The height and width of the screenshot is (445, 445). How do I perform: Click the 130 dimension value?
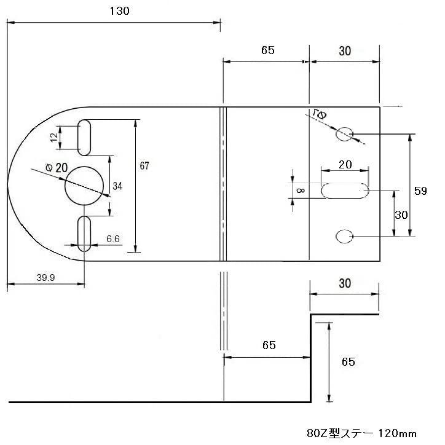point(120,11)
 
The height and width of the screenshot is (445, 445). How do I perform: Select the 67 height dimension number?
point(144,166)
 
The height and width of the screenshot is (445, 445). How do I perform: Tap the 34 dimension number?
point(117,186)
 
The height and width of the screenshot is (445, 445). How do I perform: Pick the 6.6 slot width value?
point(112,238)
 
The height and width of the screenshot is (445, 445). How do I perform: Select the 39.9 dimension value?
point(45,278)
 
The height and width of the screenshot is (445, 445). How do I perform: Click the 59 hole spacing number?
point(420,191)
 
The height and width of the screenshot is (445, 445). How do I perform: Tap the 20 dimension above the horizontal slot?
point(345,165)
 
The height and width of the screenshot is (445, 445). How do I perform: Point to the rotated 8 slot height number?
point(300,191)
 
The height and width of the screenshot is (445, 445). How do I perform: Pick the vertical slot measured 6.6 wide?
point(85,233)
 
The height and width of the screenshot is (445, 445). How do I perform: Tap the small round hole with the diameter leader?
point(345,133)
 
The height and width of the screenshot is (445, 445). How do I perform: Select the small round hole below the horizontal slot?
point(345,236)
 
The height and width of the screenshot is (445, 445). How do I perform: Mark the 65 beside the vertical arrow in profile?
point(348,362)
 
